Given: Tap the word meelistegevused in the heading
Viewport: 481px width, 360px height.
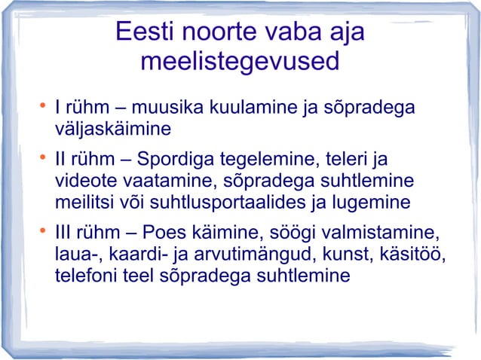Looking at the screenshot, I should pos(240,63).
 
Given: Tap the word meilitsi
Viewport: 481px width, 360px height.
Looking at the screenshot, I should pos(84,203).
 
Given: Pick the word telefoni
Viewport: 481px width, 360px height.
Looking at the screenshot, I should pos(84,276).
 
